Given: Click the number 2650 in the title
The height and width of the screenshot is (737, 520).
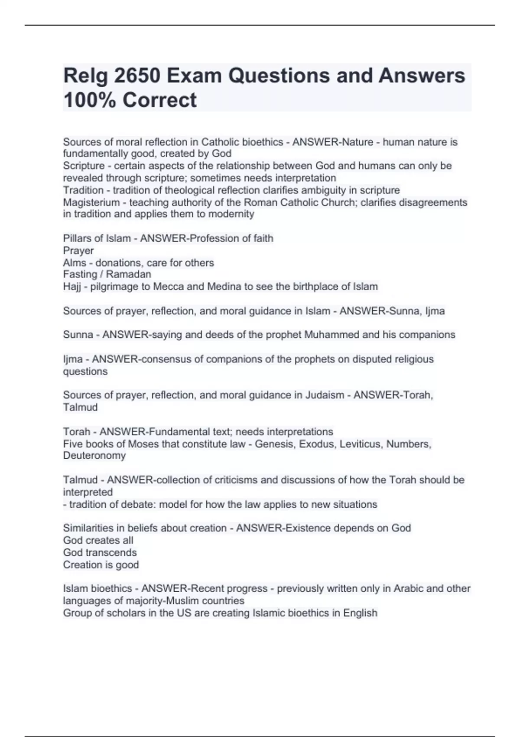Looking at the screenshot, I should tap(137, 76).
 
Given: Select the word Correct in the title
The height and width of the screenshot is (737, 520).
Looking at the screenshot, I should tap(159, 100).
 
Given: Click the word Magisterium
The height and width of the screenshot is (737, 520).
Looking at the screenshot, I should tap(91, 202).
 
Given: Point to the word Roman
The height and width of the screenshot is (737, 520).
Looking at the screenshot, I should tap(260, 202).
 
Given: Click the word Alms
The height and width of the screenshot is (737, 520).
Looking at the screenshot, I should tap(75, 263).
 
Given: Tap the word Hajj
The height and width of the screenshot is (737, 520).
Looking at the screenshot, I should tap(72, 287).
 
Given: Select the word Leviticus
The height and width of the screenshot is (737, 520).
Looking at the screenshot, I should tap(360, 444).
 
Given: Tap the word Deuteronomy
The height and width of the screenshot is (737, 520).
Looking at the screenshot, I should tap(94, 456).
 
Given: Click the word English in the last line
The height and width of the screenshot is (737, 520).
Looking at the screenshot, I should tap(360, 613).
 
